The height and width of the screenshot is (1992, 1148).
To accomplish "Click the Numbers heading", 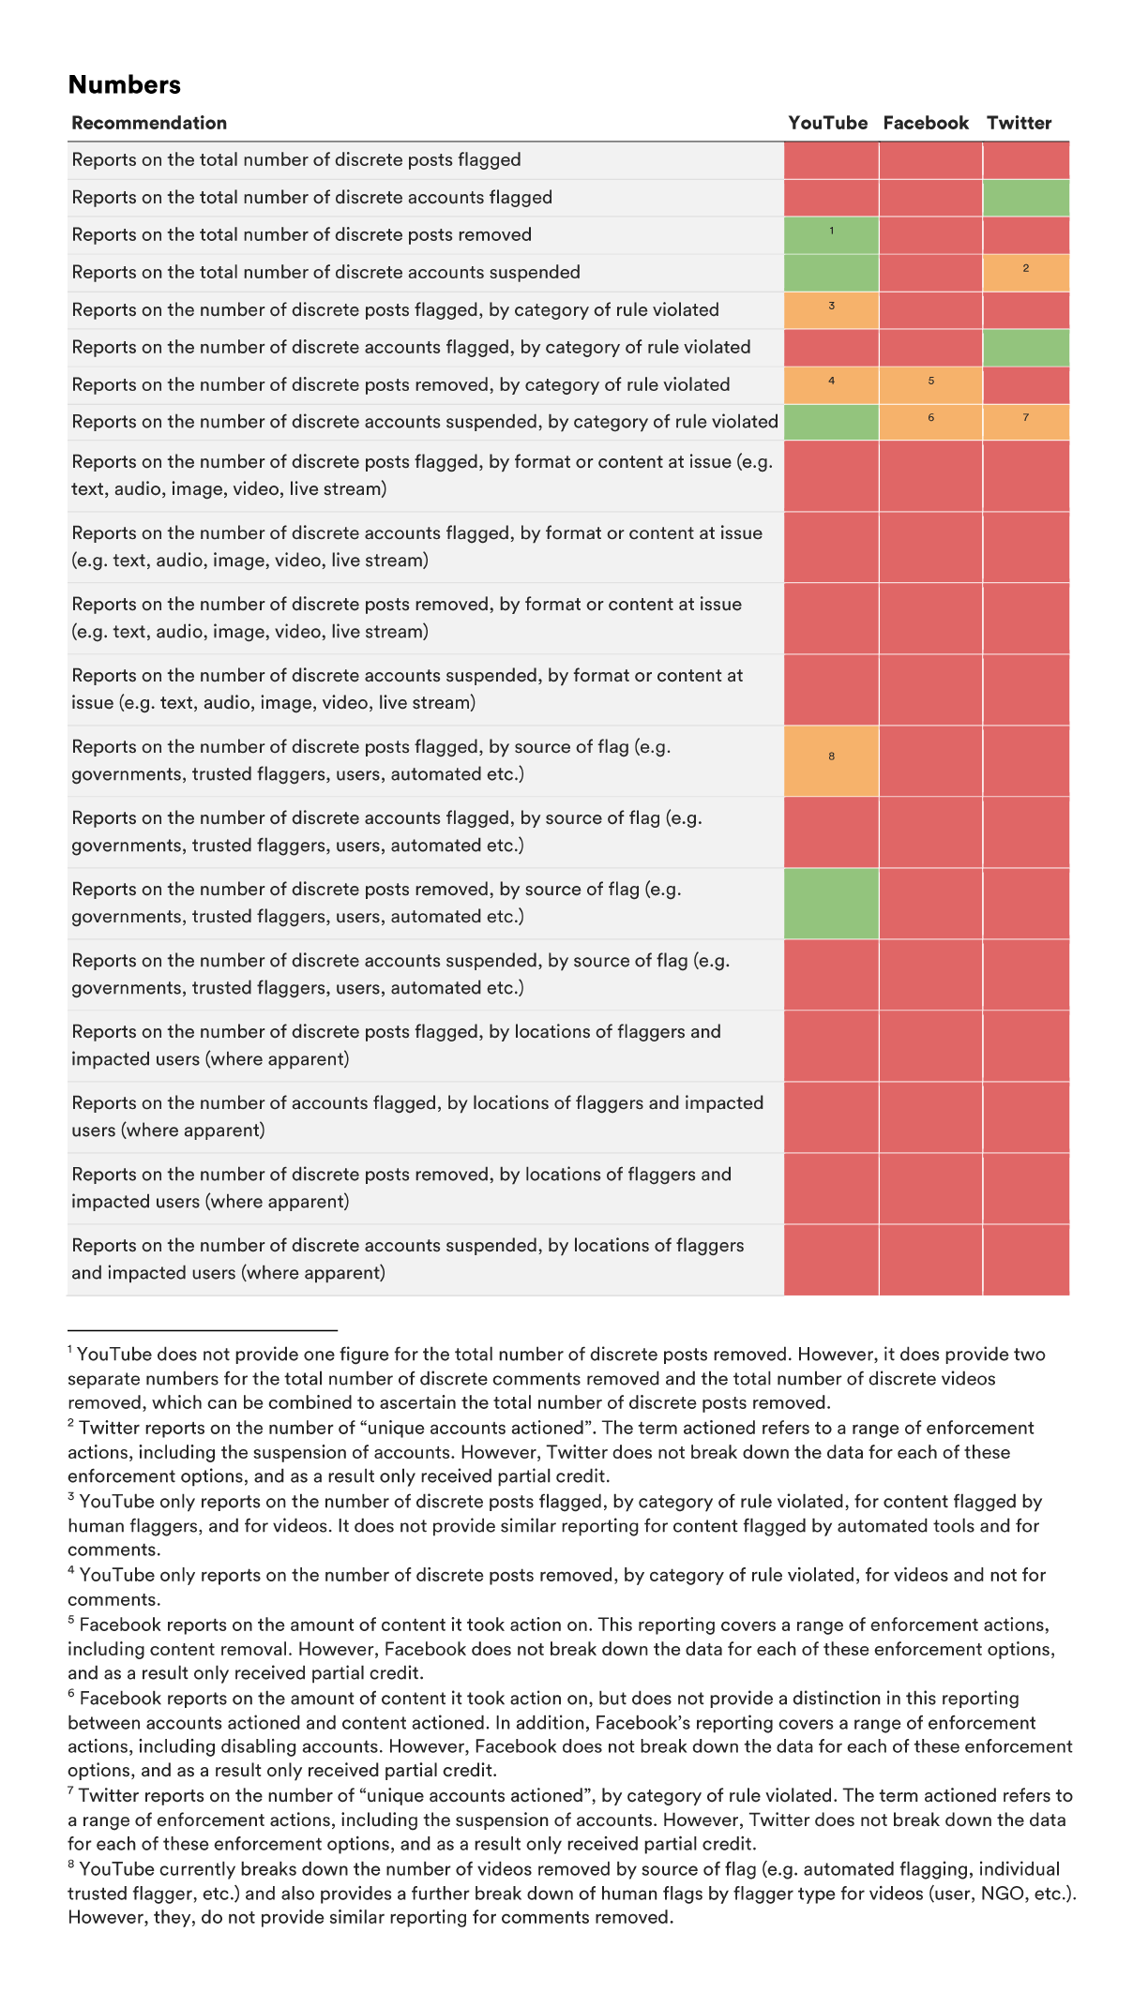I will pyautogui.click(x=125, y=85).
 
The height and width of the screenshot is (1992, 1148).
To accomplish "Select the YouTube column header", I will pyautogui.click(x=827, y=123).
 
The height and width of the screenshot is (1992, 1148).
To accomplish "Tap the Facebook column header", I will pyautogui.click(x=926, y=123).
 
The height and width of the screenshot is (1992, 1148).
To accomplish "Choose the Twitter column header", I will pyautogui.click(x=1019, y=123).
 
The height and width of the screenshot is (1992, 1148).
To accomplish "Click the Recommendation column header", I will pyautogui.click(x=149, y=123).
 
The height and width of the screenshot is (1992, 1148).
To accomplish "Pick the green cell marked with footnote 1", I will pyautogui.click(x=831, y=234).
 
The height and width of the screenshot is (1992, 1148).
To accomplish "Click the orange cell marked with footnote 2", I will pyautogui.click(x=1026, y=272).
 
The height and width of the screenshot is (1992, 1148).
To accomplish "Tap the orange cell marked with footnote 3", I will pyautogui.click(x=831, y=309).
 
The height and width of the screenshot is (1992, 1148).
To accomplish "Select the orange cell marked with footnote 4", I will pyautogui.click(x=831, y=384).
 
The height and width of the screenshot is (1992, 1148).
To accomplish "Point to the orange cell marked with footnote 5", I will pyautogui.click(x=930, y=384).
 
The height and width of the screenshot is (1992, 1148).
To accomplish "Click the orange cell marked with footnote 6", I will pyautogui.click(x=930, y=422).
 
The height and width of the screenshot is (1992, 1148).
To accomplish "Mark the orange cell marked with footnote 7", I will pyautogui.click(x=1026, y=422).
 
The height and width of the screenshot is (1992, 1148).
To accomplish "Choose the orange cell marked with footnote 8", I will pyautogui.click(x=831, y=760).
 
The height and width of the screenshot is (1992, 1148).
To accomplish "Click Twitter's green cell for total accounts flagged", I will pyautogui.click(x=1026, y=198).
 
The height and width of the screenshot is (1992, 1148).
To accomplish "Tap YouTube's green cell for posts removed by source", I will pyautogui.click(x=831, y=903).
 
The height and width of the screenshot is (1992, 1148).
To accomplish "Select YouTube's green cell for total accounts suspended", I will pyautogui.click(x=831, y=272).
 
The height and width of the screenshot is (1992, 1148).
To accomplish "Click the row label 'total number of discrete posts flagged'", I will pyautogui.click(x=296, y=160).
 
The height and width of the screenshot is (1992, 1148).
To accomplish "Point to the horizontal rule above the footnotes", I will pyautogui.click(x=203, y=1329).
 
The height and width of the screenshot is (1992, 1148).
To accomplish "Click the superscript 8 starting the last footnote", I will pyautogui.click(x=71, y=1865).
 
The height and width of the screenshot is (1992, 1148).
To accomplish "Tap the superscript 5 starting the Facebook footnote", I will pyautogui.click(x=71, y=1620).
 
